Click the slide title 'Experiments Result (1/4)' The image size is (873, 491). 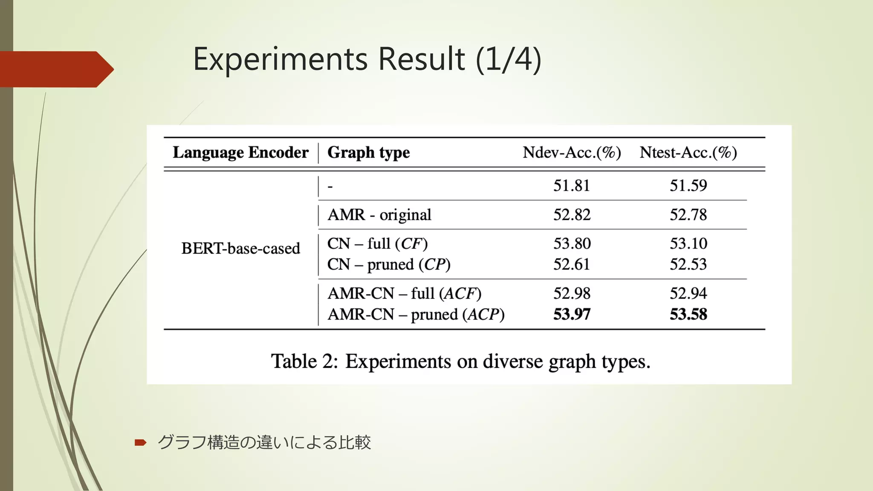[x=367, y=59]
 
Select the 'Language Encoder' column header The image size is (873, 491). [x=240, y=153]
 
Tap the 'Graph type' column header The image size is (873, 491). [x=368, y=153]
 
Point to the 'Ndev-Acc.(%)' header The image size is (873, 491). [x=572, y=153]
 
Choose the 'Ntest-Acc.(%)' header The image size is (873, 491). [x=688, y=153]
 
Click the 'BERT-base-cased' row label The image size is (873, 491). [x=240, y=248]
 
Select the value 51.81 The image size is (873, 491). [x=572, y=186]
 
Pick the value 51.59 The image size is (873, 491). [x=688, y=186]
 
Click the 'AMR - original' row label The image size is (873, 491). [x=379, y=215]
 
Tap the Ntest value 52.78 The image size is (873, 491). [x=688, y=215]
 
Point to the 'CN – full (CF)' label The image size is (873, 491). [x=377, y=244]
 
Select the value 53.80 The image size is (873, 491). [x=572, y=244]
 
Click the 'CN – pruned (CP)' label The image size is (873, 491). [x=389, y=265]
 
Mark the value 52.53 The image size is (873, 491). [x=688, y=265]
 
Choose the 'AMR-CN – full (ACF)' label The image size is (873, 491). [x=404, y=294]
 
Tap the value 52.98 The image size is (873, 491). [x=572, y=294]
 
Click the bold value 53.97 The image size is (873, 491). [x=572, y=315]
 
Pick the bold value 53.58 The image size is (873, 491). [x=688, y=315]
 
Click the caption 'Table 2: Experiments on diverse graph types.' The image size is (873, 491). [x=460, y=361]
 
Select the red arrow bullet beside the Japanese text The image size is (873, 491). [x=140, y=443]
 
